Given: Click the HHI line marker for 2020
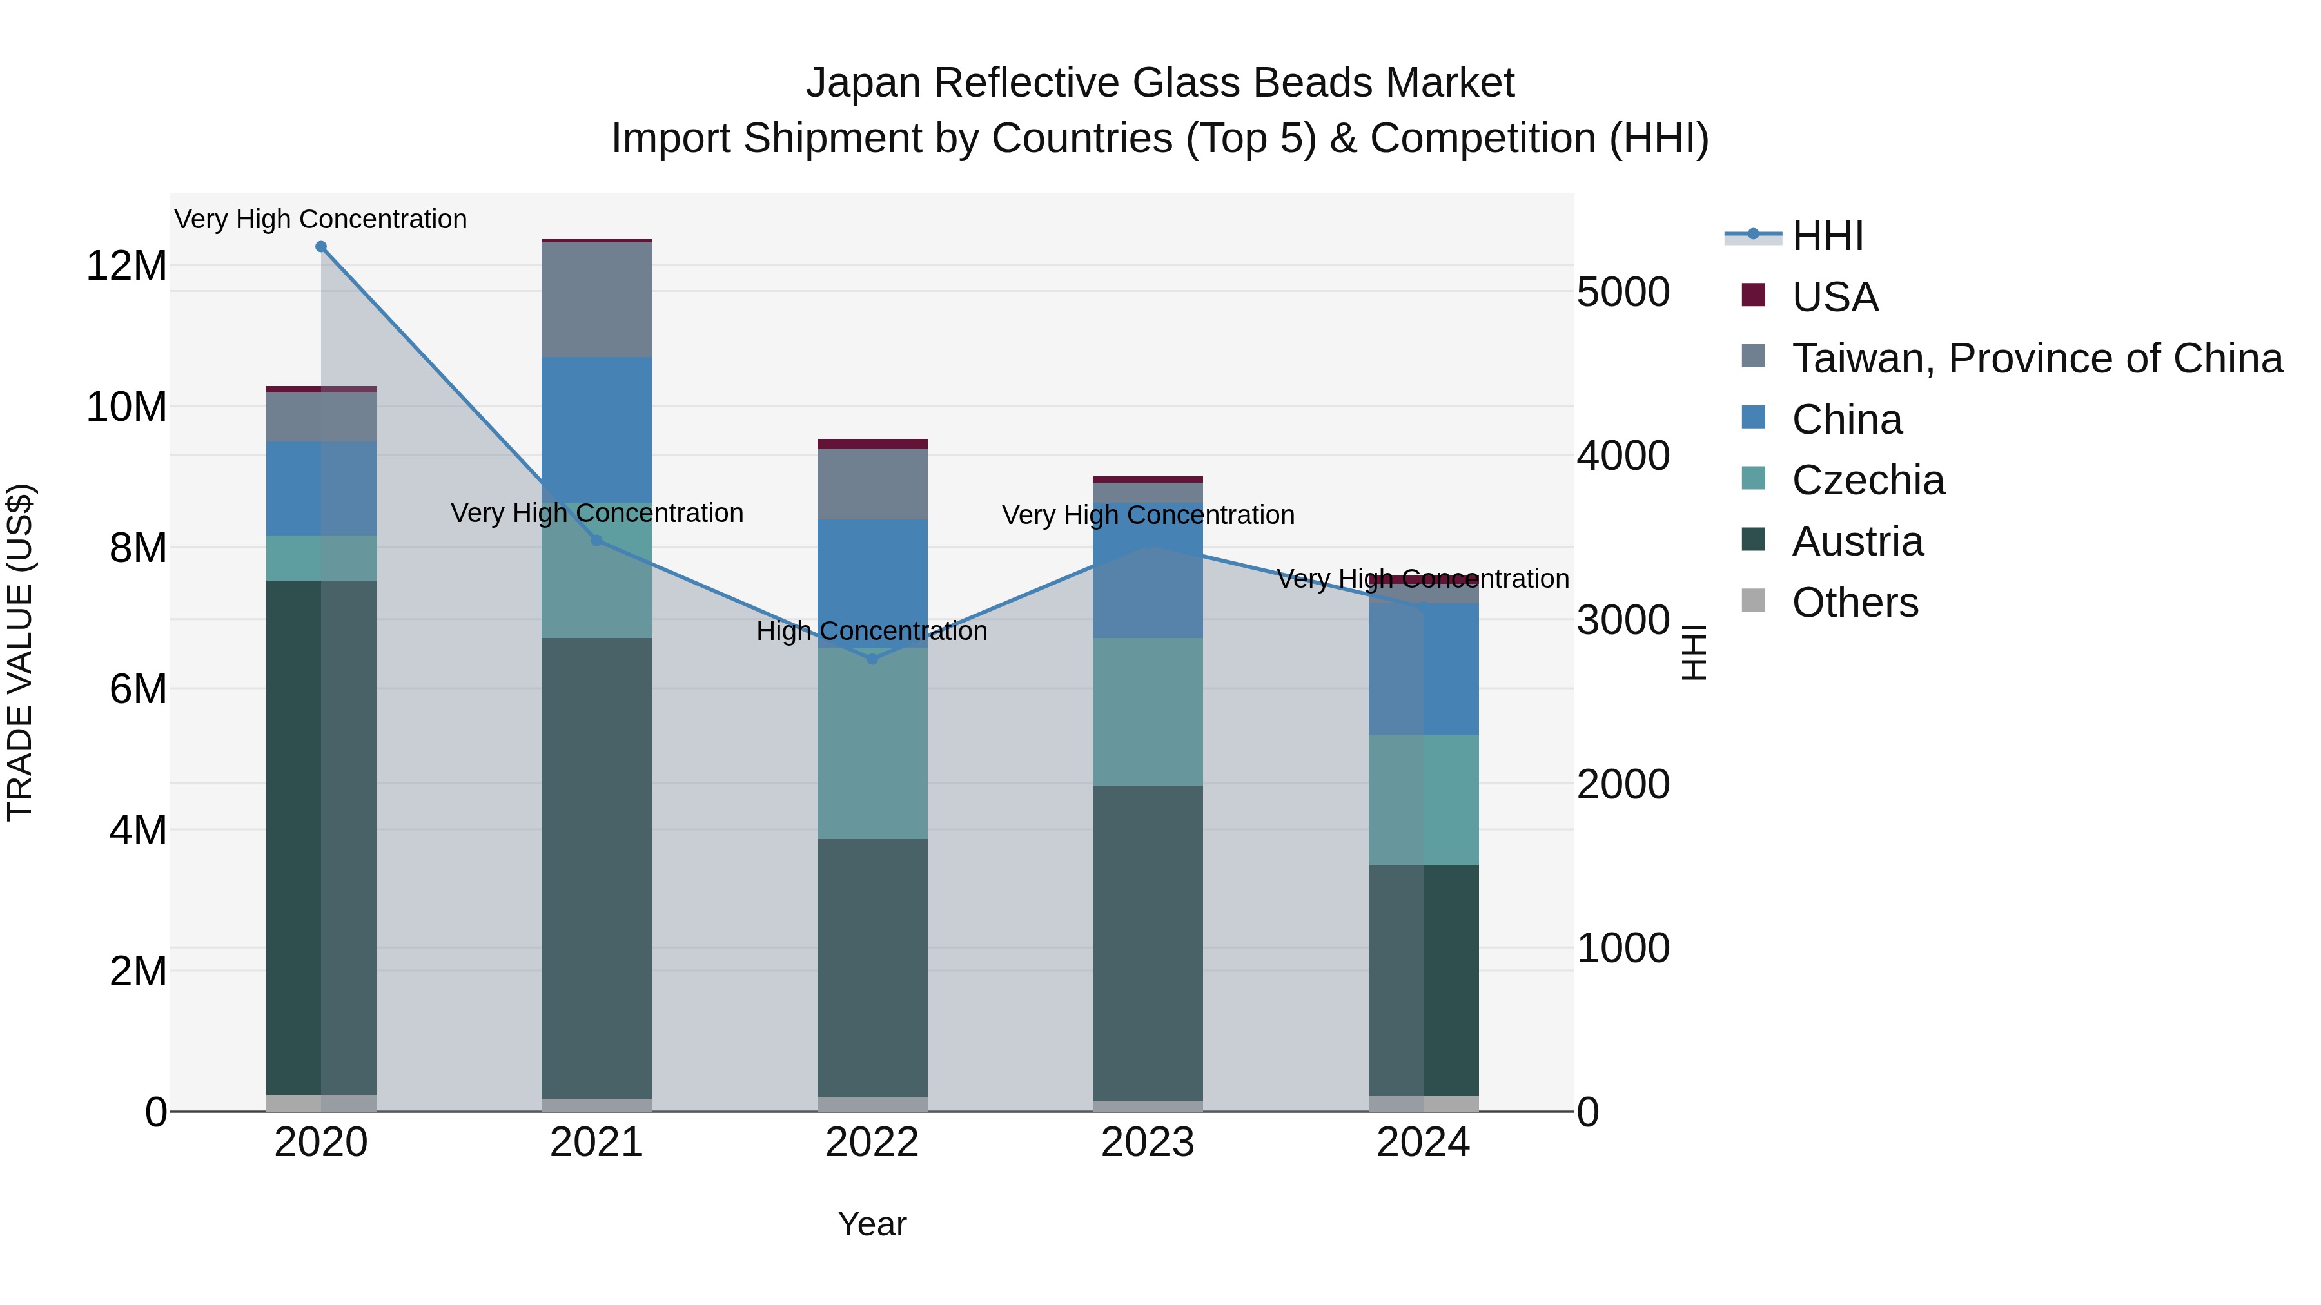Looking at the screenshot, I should tap(321, 247).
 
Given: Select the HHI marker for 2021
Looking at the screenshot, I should tap(596, 541).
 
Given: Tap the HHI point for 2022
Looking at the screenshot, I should tap(872, 659).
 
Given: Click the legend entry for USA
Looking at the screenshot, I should tap(1834, 297).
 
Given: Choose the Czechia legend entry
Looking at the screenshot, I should tap(1868, 480).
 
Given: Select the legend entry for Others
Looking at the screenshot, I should tap(1854, 603).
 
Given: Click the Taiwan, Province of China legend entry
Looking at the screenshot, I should tap(2036, 358).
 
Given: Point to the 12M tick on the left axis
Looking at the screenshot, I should tap(126, 266).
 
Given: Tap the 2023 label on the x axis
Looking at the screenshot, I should tap(1148, 1143).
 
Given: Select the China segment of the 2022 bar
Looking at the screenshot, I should tap(872, 584).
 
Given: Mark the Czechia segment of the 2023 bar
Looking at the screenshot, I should tap(1148, 711).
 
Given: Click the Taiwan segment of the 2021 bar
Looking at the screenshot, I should tap(596, 300).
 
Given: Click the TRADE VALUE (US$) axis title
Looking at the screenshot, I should tap(20, 652).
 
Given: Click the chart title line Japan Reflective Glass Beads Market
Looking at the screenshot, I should tap(1160, 83).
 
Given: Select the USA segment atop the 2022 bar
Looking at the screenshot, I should tap(872, 443).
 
